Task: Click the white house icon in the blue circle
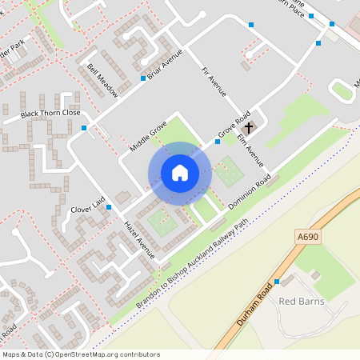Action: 180,172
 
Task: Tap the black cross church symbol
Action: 249,127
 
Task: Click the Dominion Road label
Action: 250,191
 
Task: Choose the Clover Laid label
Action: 89,208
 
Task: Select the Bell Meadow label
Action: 103,80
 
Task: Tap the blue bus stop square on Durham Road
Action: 276,282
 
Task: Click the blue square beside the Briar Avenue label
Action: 143,78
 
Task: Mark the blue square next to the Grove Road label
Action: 218,142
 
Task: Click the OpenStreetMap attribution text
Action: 81,354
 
